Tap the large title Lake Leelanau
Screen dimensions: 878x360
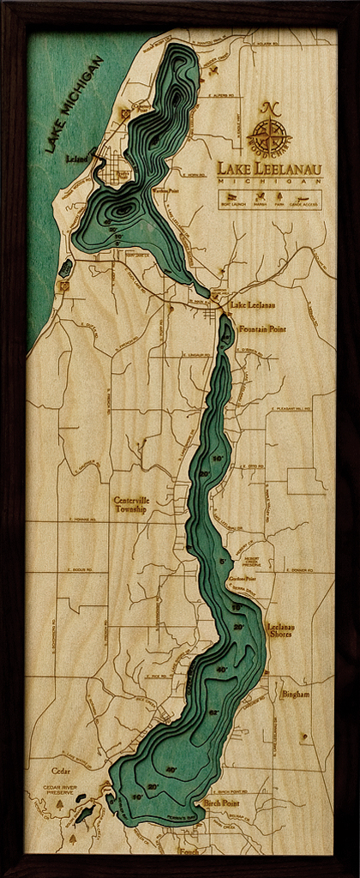[x=269, y=169]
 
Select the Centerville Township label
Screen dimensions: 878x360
[x=131, y=504]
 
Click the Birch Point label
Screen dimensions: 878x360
[x=224, y=803]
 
